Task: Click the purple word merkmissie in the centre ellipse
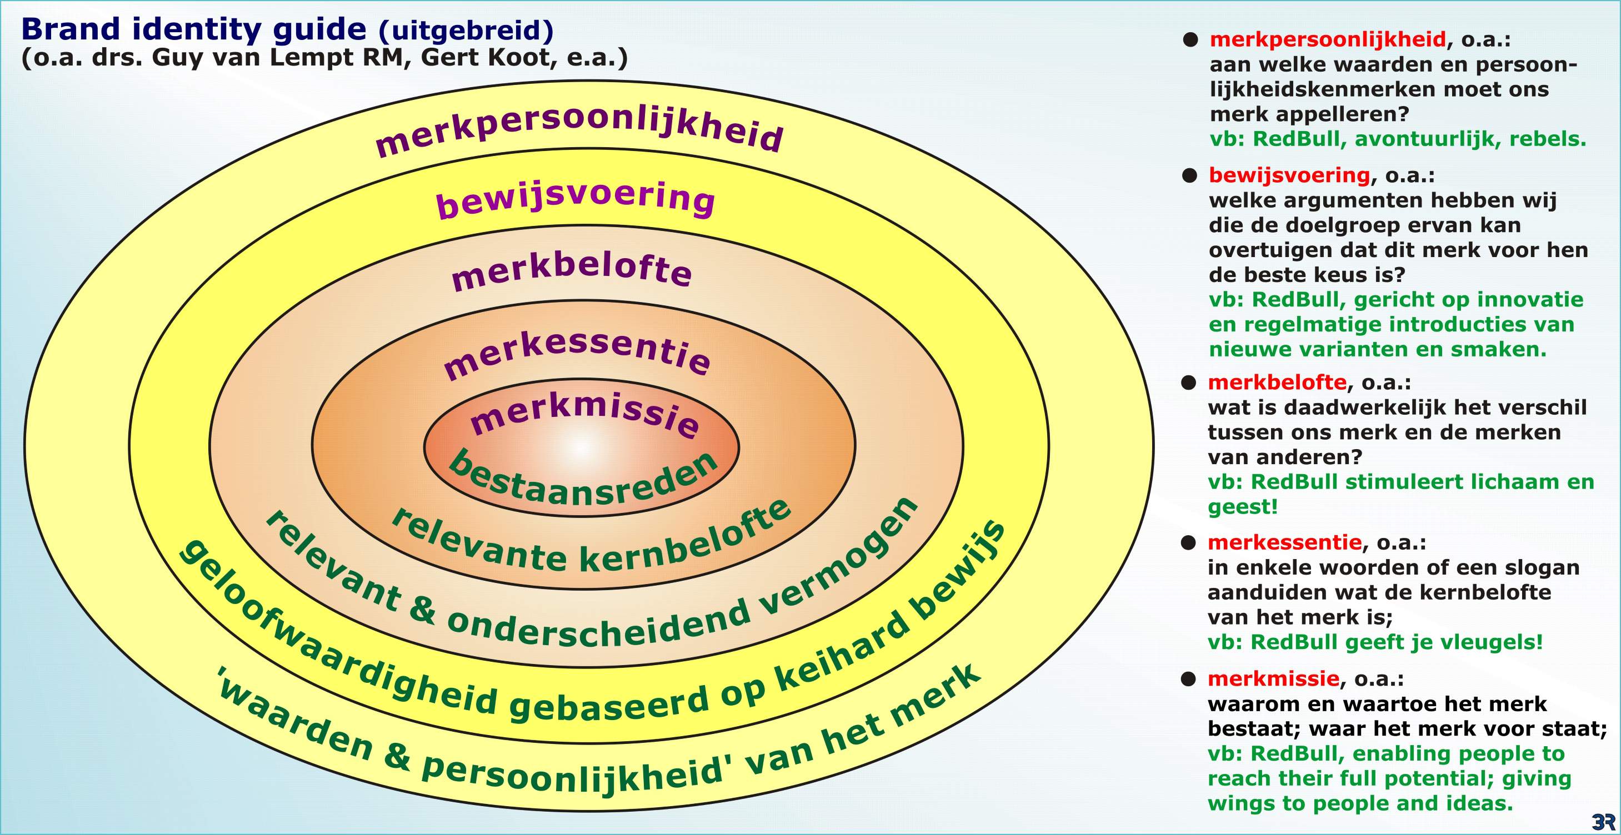[x=585, y=413]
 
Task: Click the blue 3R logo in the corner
[x=1603, y=821]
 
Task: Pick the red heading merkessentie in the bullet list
[x=1284, y=542]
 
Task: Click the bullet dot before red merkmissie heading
[x=1188, y=679]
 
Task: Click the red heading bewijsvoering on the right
[x=1289, y=175]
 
